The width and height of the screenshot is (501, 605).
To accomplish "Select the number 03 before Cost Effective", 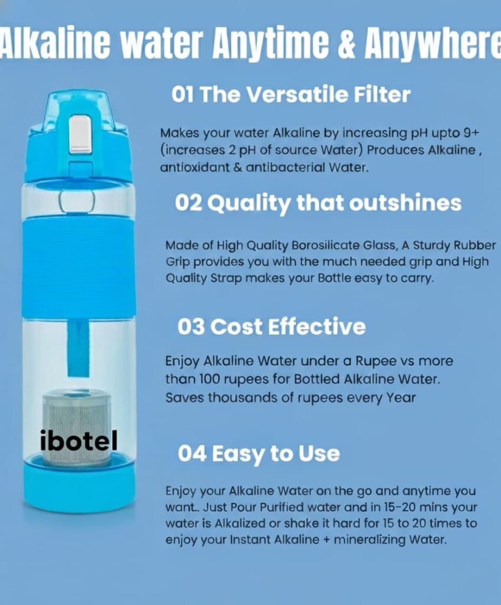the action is (191, 327).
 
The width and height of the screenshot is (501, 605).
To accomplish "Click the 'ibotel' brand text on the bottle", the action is (79, 441).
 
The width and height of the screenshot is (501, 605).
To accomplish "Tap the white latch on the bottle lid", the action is (81, 135).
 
